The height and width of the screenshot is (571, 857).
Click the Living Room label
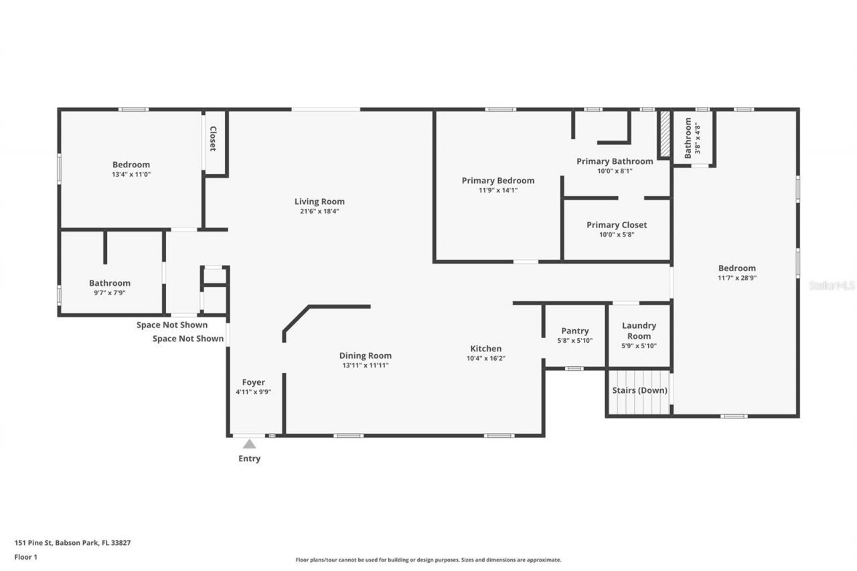(319, 201)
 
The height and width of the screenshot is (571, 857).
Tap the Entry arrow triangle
(249, 444)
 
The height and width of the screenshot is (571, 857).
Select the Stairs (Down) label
(639, 390)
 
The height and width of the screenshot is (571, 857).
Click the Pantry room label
(575, 331)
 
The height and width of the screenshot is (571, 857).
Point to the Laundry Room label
(639, 331)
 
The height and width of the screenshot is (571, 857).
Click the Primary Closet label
(617, 225)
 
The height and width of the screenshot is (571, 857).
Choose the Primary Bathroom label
(615, 161)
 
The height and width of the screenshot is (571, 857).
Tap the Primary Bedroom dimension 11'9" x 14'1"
(498, 190)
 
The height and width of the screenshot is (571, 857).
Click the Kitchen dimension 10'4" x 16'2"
(486, 358)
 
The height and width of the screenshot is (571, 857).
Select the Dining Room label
(365, 355)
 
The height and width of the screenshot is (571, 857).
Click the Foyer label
(253, 382)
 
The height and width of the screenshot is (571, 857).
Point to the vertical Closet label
(213, 139)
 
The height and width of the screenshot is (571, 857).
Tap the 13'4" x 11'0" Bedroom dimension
(131, 174)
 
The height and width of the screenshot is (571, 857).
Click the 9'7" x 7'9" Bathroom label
(110, 283)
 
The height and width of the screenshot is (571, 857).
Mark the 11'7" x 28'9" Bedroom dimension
(736, 277)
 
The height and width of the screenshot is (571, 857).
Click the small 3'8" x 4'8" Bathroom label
(688, 139)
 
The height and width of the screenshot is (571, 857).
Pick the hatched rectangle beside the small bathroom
(665, 134)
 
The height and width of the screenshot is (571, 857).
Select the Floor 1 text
(26, 556)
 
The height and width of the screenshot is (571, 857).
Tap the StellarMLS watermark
(832, 285)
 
